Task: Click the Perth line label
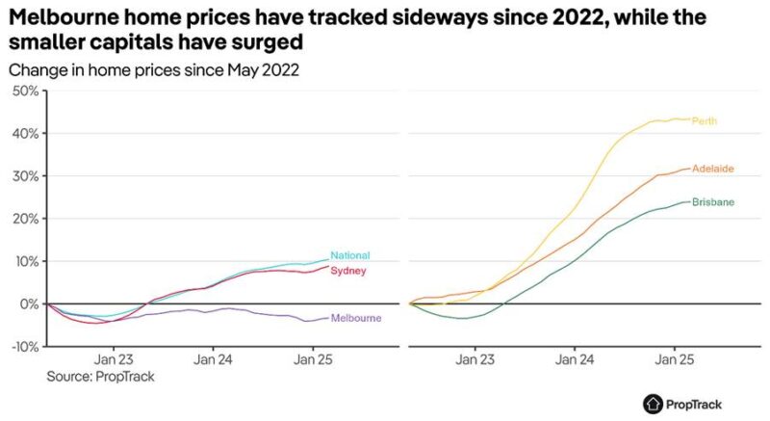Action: (705, 120)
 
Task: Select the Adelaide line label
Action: (713, 169)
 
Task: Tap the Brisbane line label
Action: (713, 202)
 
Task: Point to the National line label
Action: (349, 255)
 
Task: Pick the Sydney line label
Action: (347, 271)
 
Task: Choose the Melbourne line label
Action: (356, 318)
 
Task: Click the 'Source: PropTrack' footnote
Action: (100, 377)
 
